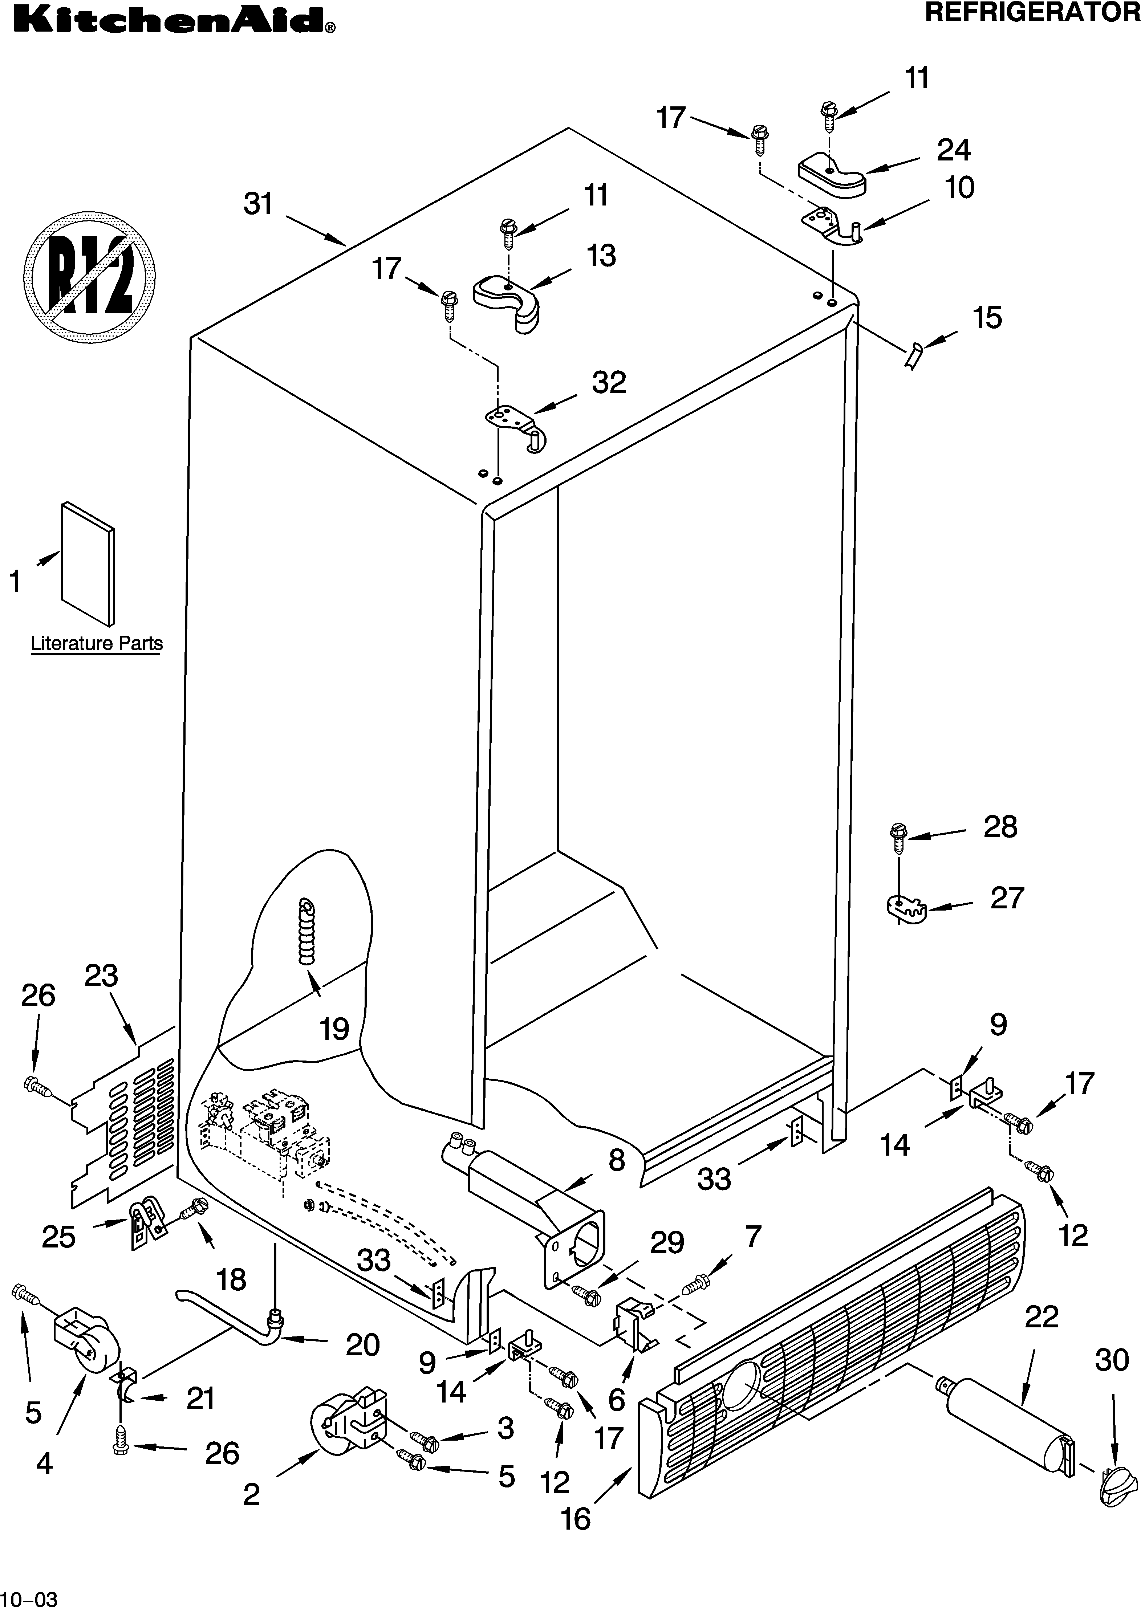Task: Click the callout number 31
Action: [258, 204]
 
